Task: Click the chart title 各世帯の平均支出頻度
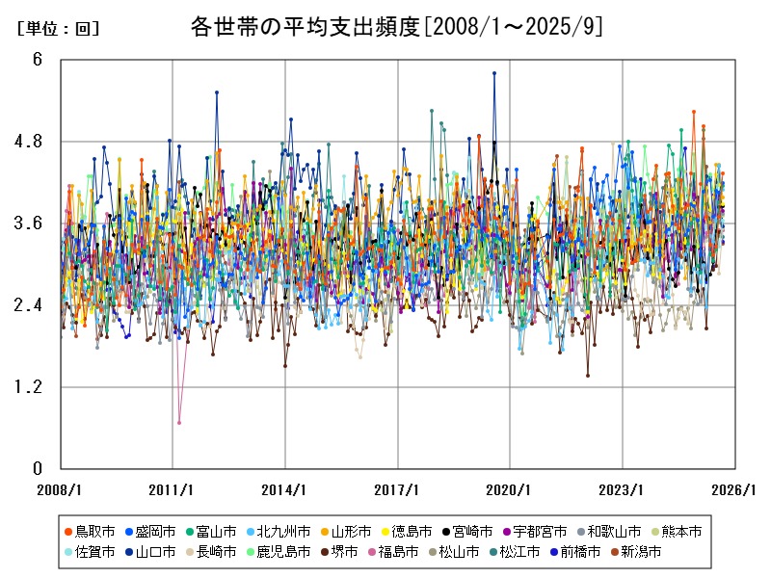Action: click(x=306, y=27)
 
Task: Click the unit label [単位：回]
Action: click(x=59, y=29)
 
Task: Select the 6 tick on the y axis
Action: click(x=38, y=60)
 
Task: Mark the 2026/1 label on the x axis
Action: click(x=734, y=489)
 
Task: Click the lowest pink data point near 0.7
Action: click(x=179, y=422)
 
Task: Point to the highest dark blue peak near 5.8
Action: click(x=494, y=73)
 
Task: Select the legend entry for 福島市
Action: click(x=397, y=552)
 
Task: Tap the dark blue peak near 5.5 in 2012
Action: click(x=217, y=92)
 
